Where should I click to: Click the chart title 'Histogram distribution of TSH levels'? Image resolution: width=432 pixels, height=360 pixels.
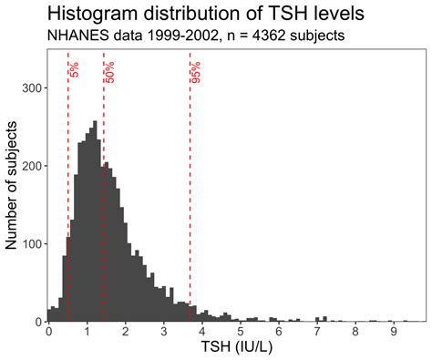[197, 15]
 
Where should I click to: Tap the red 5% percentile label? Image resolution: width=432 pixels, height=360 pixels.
[74, 69]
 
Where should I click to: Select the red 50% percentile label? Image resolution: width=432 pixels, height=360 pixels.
[109, 71]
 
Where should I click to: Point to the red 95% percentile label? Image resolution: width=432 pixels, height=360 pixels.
[196, 71]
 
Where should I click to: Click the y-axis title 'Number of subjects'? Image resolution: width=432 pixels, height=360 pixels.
[12, 187]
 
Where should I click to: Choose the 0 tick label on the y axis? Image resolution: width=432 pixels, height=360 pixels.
[38, 322]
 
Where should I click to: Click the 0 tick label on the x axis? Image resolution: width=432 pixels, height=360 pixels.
[49, 333]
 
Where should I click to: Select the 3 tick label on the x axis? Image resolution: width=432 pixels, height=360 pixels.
[163, 333]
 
